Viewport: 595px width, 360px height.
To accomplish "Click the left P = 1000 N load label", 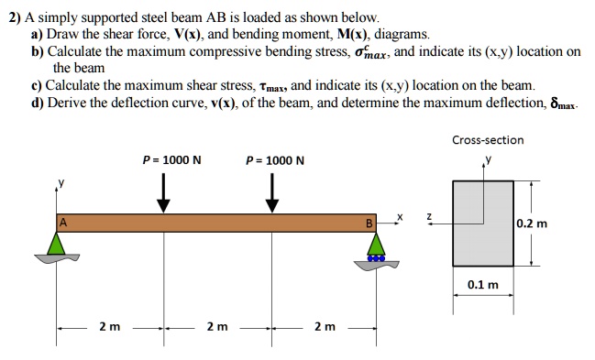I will tap(172, 160).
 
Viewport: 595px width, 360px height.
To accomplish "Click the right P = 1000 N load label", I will tap(276, 160).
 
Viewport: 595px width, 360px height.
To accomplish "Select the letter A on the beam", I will tap(63, 223).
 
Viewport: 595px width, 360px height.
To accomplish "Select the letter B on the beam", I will tap(369, 223).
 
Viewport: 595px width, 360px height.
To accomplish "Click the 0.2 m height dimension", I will tap(531, 223).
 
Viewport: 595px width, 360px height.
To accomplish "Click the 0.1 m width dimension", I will tap(483, 285).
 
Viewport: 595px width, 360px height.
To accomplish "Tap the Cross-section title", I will tap(488, 140).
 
